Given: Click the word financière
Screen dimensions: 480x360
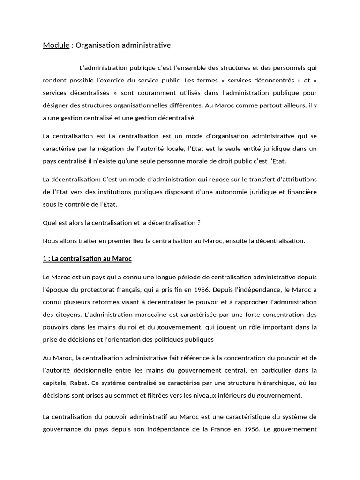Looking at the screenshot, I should pos(299,191).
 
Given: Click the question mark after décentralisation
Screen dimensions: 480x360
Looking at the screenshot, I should pos(199,222).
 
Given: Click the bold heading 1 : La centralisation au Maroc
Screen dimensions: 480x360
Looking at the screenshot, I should pos(88,258).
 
